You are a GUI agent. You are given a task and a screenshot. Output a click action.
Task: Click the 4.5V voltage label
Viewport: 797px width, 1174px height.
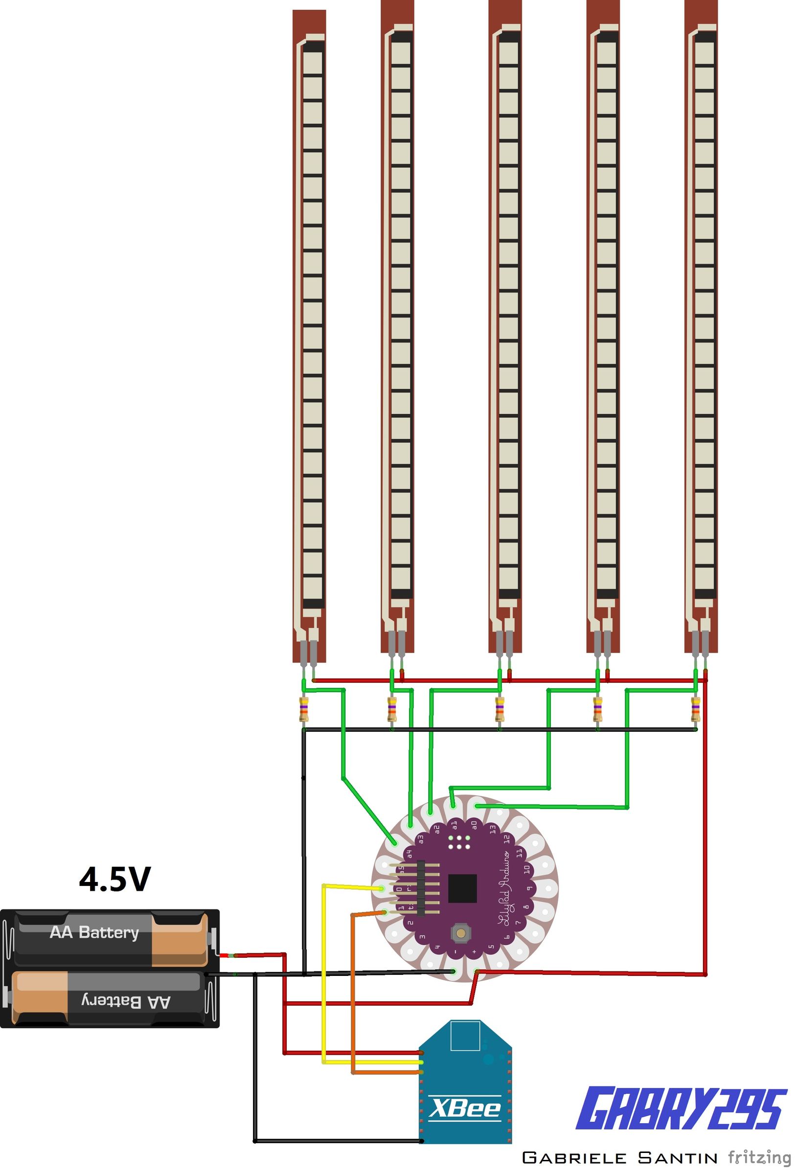pyautogui.click(x=114, y=879)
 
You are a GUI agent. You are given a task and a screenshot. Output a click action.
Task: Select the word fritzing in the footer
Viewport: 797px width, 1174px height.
pyautogui.click(x=759, y=1157)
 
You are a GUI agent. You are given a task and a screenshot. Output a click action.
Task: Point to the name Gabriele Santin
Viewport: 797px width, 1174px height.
pyautogui.click(x=619, y=1157)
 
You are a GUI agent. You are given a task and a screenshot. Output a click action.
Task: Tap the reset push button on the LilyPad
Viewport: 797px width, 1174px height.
pyautogui.click(x=460, y=932)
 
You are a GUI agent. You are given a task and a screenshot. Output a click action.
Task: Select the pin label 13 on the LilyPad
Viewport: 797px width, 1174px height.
pyautogui.click(x=493, y=829)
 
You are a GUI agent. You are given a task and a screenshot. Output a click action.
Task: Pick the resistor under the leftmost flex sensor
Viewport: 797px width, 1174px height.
pyautogui.click(x=304, y=709)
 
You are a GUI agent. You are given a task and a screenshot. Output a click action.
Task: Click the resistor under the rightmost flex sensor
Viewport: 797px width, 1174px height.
pyautogui.click(x=696, y=709)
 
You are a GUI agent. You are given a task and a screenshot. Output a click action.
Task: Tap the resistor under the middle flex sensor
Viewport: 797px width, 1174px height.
pyautogui.click(x=500, y=709)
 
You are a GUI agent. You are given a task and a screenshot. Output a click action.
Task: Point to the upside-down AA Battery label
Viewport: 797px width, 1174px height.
pyautogui.click(x=126, y=1001)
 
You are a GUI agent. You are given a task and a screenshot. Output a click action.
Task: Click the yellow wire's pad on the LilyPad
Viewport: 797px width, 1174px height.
pyautogui.click(x=381, y=889)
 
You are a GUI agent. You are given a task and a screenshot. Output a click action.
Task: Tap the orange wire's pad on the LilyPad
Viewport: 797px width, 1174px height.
pyautogui.click(x=385, y=912)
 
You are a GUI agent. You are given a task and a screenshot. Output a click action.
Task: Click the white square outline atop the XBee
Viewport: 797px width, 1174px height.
pyautogui.click(x=464, y=1036)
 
